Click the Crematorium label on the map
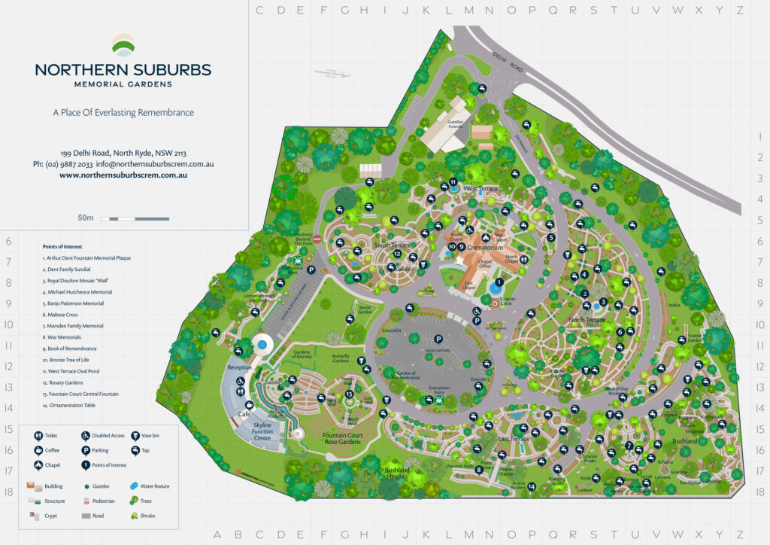(x=484, y=248)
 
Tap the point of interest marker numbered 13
(x=349, y=394)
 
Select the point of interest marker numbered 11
(x=453, y=181)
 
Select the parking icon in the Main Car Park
(x=438, y=339)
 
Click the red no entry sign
(x=317, y=239)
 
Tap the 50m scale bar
(x=135, y=218)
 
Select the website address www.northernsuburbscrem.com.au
(x=123, y=175)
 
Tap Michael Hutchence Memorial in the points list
(x=77, y=292)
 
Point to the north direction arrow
(x=334, y=74)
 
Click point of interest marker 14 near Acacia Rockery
(x=531, y=486)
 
